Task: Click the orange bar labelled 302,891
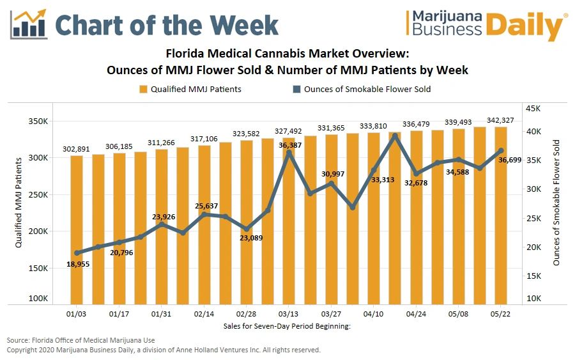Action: (77, 230)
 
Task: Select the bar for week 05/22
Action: (501, 217)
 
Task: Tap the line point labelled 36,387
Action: (289, 152)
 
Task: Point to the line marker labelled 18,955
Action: (77, 253)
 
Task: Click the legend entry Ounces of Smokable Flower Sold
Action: (367, 89)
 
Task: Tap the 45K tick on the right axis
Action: (533, 108)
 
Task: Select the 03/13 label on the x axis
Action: (289, 315)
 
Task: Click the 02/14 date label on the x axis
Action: (204, 315)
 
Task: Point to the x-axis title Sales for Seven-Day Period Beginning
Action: (287, 325)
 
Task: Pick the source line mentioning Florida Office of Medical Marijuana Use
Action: (81, 340)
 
